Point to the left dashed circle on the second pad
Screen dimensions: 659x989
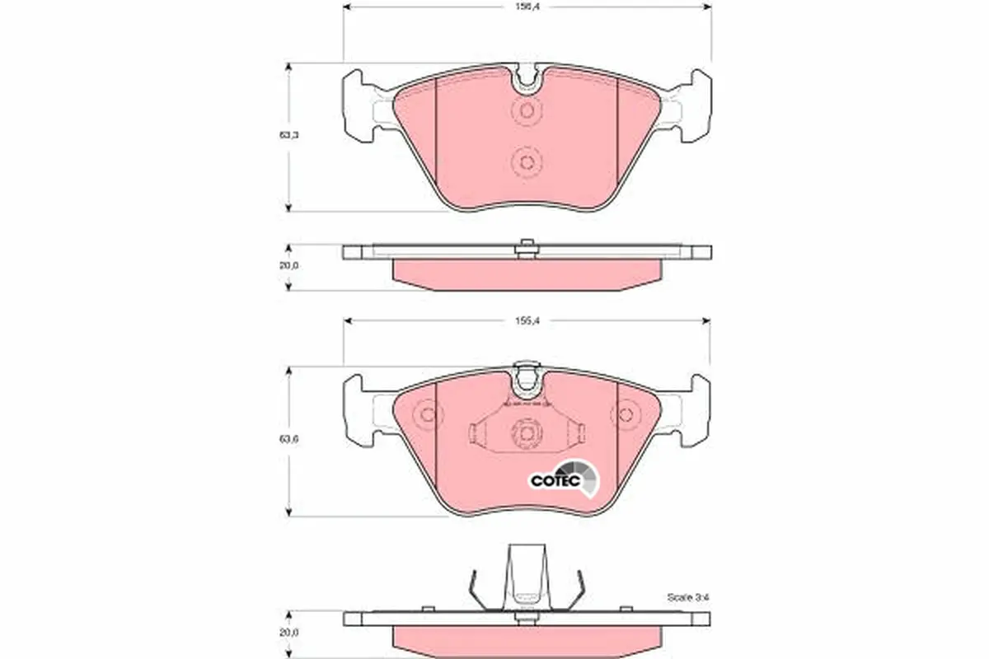(x=426, y=414)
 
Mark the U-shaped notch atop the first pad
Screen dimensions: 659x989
(x=527, y=79)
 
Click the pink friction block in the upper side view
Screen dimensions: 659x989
(x=527, y=272)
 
